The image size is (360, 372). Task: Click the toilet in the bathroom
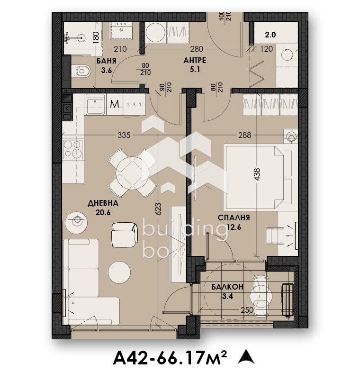(81, 71)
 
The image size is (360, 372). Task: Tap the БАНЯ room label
(106, 61)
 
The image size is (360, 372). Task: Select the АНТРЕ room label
(195, 60)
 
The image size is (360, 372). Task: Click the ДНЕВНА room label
(103, 203)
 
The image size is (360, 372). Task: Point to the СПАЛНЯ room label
(234, 218)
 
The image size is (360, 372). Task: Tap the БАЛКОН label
(227, 287)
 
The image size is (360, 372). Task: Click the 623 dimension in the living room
(158, 209)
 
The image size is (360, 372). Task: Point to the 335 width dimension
(124, 135)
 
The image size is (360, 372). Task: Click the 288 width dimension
(244, 135)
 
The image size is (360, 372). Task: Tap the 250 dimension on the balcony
(247, 310)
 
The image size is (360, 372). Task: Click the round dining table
(133, 173)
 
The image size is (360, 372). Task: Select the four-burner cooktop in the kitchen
(73, 149)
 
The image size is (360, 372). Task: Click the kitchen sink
(95, 105)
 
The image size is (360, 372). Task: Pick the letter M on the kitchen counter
(115, 104)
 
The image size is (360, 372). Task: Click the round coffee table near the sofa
(119, 272)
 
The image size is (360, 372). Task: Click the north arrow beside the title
(246, 356)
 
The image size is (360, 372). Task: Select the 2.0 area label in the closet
(270, 35)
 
